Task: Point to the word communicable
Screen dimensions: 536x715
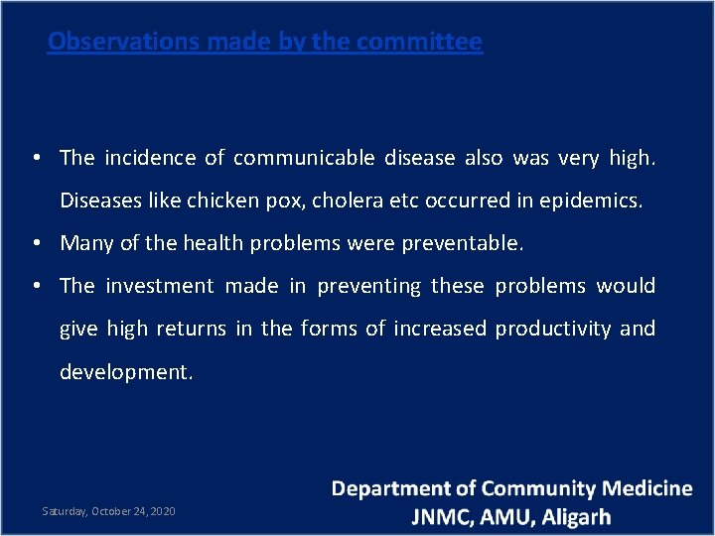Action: coord(303,158)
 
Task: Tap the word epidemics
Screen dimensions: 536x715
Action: coord(591,201)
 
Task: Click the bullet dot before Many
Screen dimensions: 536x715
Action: coord(35,243)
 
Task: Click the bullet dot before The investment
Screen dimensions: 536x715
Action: coord(35,286)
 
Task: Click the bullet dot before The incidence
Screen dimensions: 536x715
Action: coord(35,158)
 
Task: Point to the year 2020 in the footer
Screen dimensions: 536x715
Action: coord(163,511)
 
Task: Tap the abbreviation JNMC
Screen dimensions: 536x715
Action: coord(445,517)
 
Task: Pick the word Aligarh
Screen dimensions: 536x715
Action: coord(574,517)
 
